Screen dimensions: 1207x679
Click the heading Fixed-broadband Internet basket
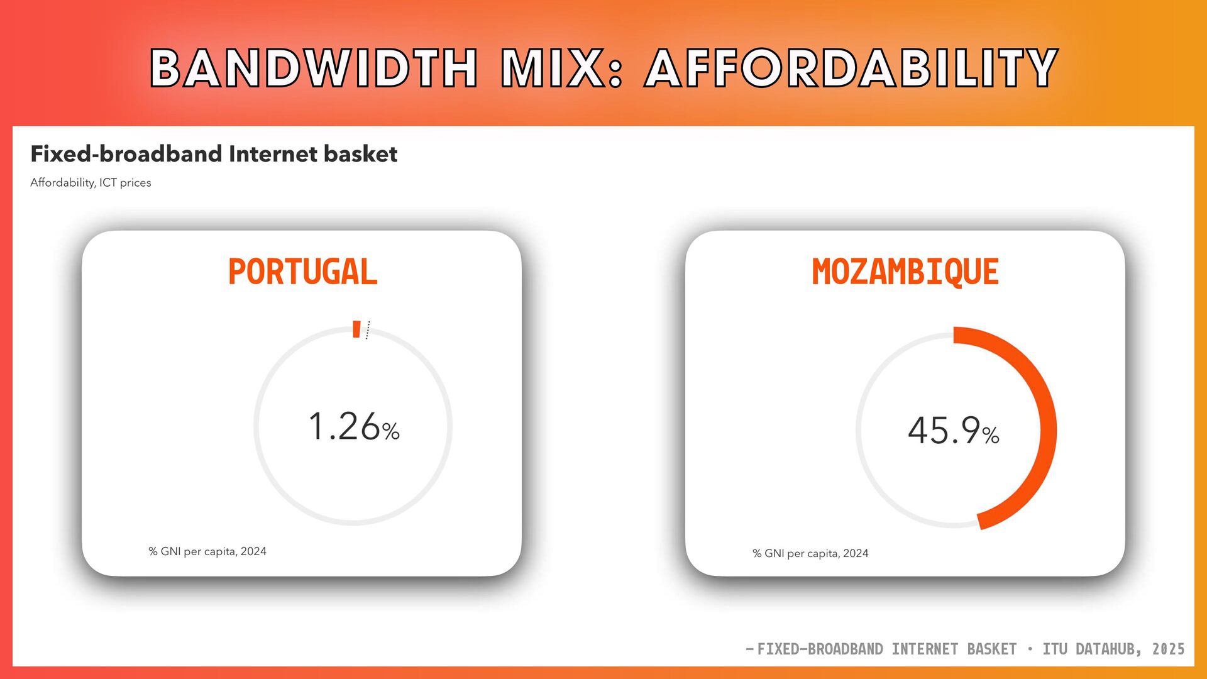214,154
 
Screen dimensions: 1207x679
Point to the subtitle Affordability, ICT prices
91,182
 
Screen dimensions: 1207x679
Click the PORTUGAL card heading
302,272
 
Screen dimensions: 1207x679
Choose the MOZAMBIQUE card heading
905,272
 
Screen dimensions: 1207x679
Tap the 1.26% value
354,426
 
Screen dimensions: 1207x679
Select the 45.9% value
953,431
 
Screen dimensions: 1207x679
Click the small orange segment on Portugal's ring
356,329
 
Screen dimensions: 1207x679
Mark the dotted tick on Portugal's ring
368,330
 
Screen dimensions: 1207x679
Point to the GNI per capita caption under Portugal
207,551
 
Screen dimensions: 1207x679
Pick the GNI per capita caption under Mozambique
810,553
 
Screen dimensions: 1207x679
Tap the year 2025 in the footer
1169,649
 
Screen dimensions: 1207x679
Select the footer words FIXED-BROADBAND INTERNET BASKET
886,649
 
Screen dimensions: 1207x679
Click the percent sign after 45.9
991,435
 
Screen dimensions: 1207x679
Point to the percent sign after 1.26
391,431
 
